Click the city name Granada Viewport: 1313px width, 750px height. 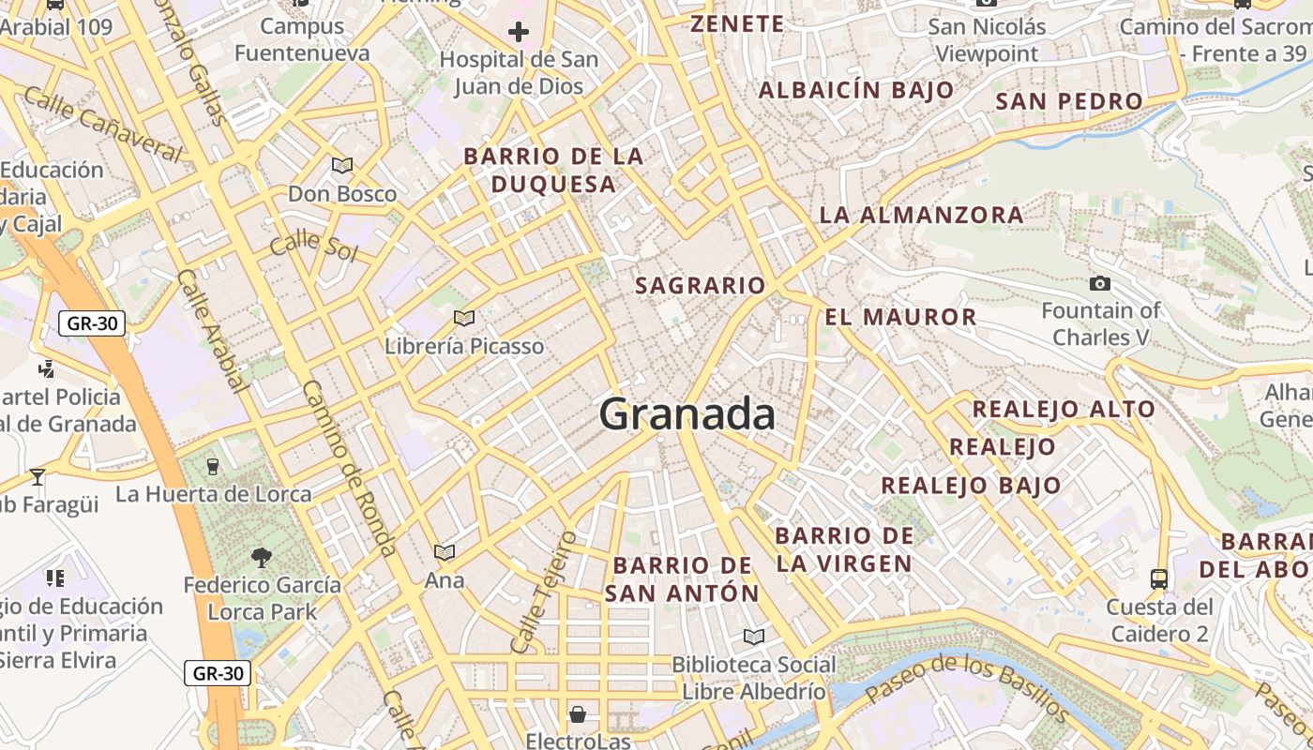click(687, 414)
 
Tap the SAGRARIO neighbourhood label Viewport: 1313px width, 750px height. click(701, 285)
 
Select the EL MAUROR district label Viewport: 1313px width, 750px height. click(900, 317)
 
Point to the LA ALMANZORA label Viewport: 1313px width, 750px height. click(921, 215)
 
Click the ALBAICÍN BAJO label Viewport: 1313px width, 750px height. click(855, 91)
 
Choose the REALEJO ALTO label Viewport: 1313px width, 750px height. click(1064, 409)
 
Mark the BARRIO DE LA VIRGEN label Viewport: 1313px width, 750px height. click(844, 549)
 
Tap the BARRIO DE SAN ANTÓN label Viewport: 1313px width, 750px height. click(682, 578)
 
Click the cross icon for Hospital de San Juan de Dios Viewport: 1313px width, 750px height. click(519, 33)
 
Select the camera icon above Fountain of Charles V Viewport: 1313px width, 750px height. click(1100, 283)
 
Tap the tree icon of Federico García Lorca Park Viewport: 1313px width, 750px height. click(262, 558)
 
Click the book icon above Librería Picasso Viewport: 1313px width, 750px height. click(463, 318)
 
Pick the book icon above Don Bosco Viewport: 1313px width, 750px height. click(342, 166)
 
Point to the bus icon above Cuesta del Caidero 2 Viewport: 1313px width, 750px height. click(1159, 578)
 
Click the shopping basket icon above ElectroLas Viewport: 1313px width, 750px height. click(578, 714)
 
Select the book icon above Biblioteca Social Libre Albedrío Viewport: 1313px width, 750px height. click(753, 637)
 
